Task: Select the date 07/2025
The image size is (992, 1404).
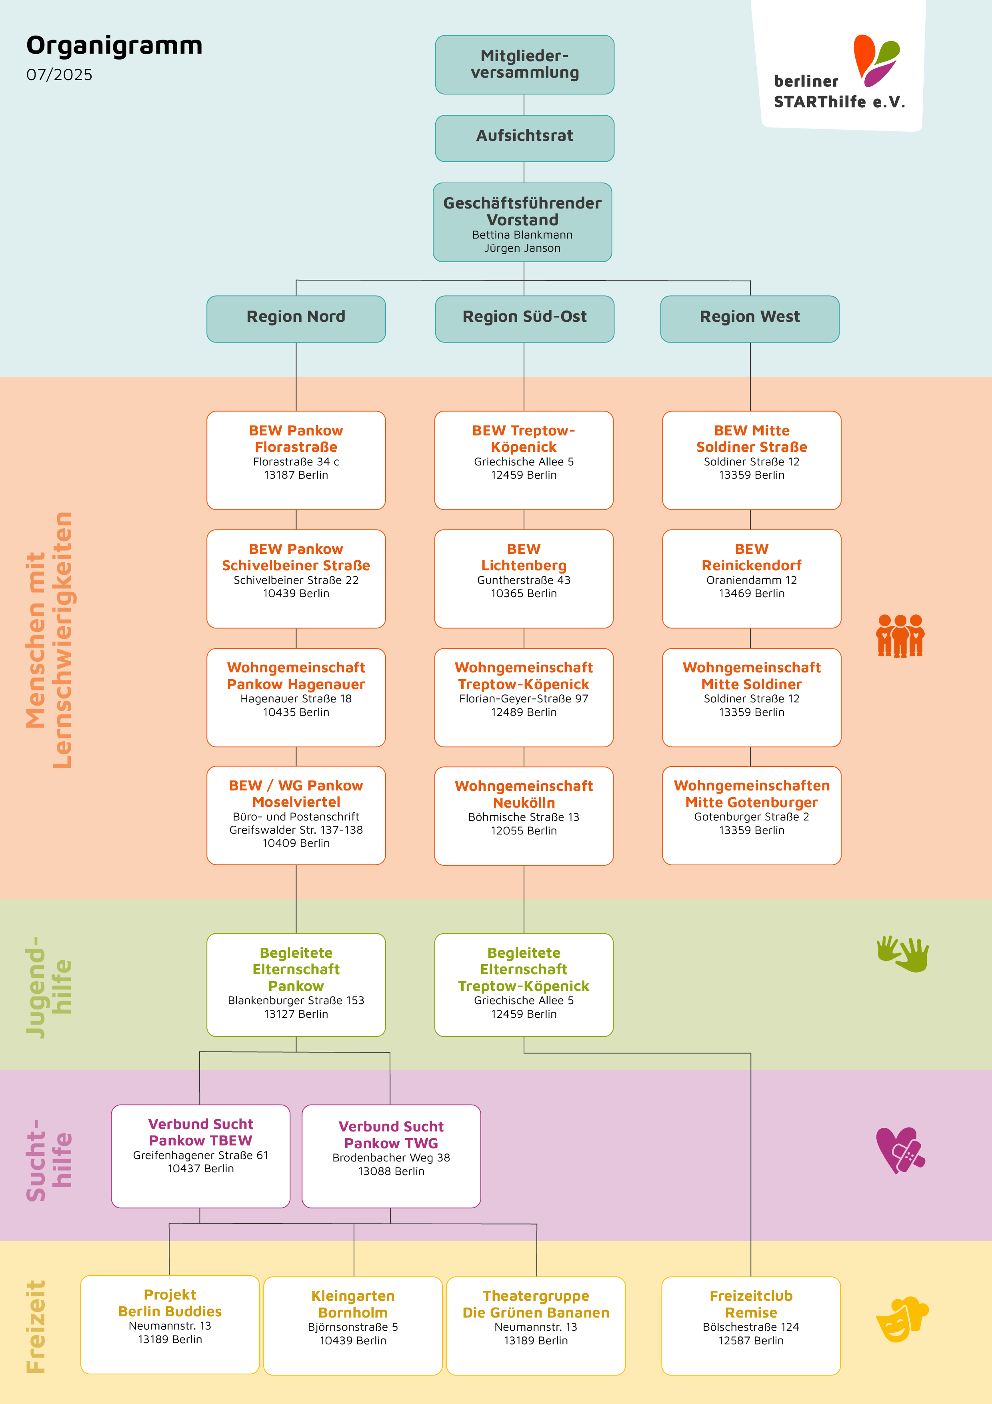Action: click(59, 74)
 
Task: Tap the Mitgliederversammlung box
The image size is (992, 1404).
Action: click(524, 65)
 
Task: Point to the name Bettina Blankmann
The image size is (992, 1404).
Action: click(522, 235)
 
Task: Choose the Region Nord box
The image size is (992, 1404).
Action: click(296, 319)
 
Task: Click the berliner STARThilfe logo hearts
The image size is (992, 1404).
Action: click(876, 60)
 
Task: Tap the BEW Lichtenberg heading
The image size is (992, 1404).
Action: click(524, 557)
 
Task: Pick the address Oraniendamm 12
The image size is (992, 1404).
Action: click(751, 580)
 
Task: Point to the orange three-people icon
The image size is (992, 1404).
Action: click(900, 636)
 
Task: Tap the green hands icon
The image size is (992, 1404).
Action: click(903, 953)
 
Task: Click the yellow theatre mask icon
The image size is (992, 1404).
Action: click(902, 1319)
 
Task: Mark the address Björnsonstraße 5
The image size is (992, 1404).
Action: click(353, 1327)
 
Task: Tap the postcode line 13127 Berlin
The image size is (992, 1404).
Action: click(296, 1014)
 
